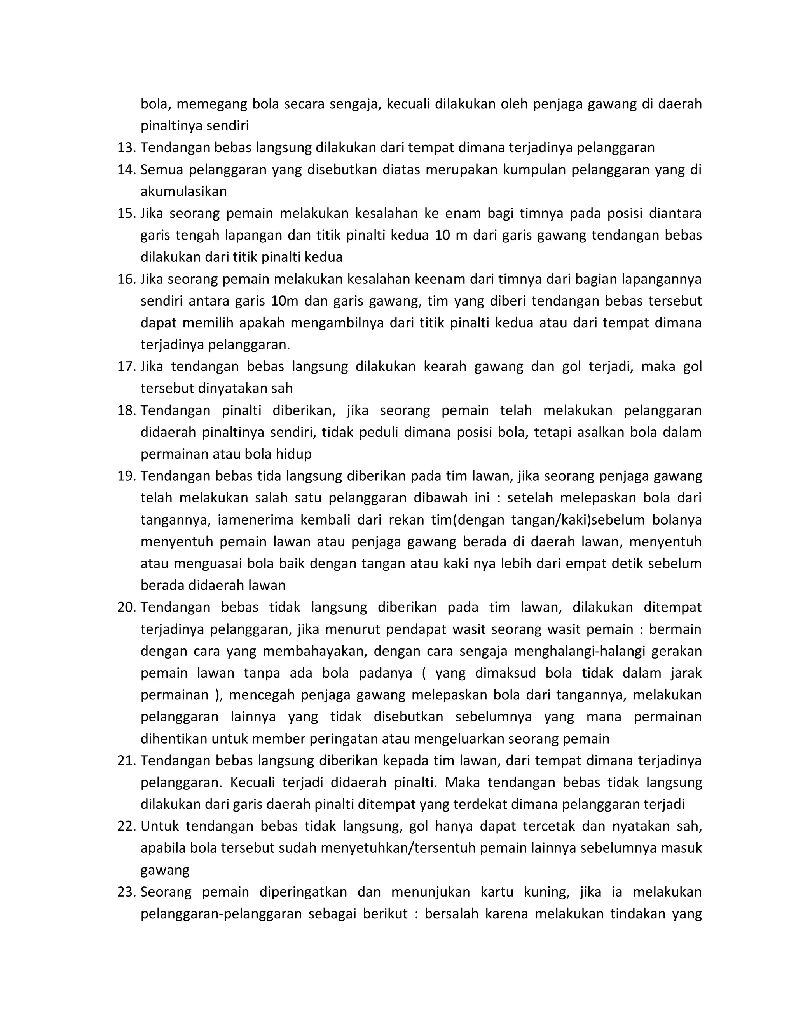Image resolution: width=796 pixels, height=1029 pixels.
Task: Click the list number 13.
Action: tap(126, 148)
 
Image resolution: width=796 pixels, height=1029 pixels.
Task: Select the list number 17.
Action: tap(126, 367)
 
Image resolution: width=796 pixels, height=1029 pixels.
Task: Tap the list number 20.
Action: tap(126, 607)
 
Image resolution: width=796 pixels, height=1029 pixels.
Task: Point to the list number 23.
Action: tap(126, 892)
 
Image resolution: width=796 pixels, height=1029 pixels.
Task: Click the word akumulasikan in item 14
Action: tap(183, 192)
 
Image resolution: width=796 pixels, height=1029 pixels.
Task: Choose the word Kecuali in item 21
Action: tap(252, 782)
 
